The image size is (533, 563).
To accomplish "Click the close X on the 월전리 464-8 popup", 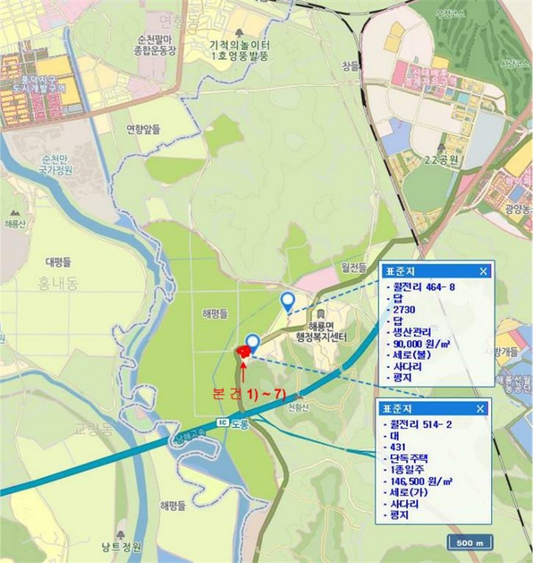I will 483,271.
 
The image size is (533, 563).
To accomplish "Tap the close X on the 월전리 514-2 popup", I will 481,409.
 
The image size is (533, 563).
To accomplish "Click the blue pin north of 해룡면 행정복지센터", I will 287,302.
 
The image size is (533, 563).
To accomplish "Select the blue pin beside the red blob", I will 253,343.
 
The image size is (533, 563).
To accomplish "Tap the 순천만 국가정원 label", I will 57,164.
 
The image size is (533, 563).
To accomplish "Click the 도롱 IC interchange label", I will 233,423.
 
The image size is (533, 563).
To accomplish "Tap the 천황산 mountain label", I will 297,406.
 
